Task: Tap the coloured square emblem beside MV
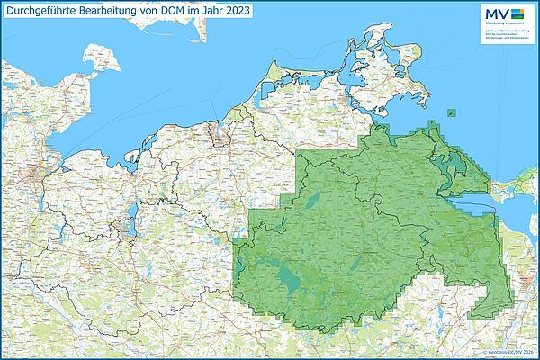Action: [517, 13]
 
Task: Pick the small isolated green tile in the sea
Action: [451, 113]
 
